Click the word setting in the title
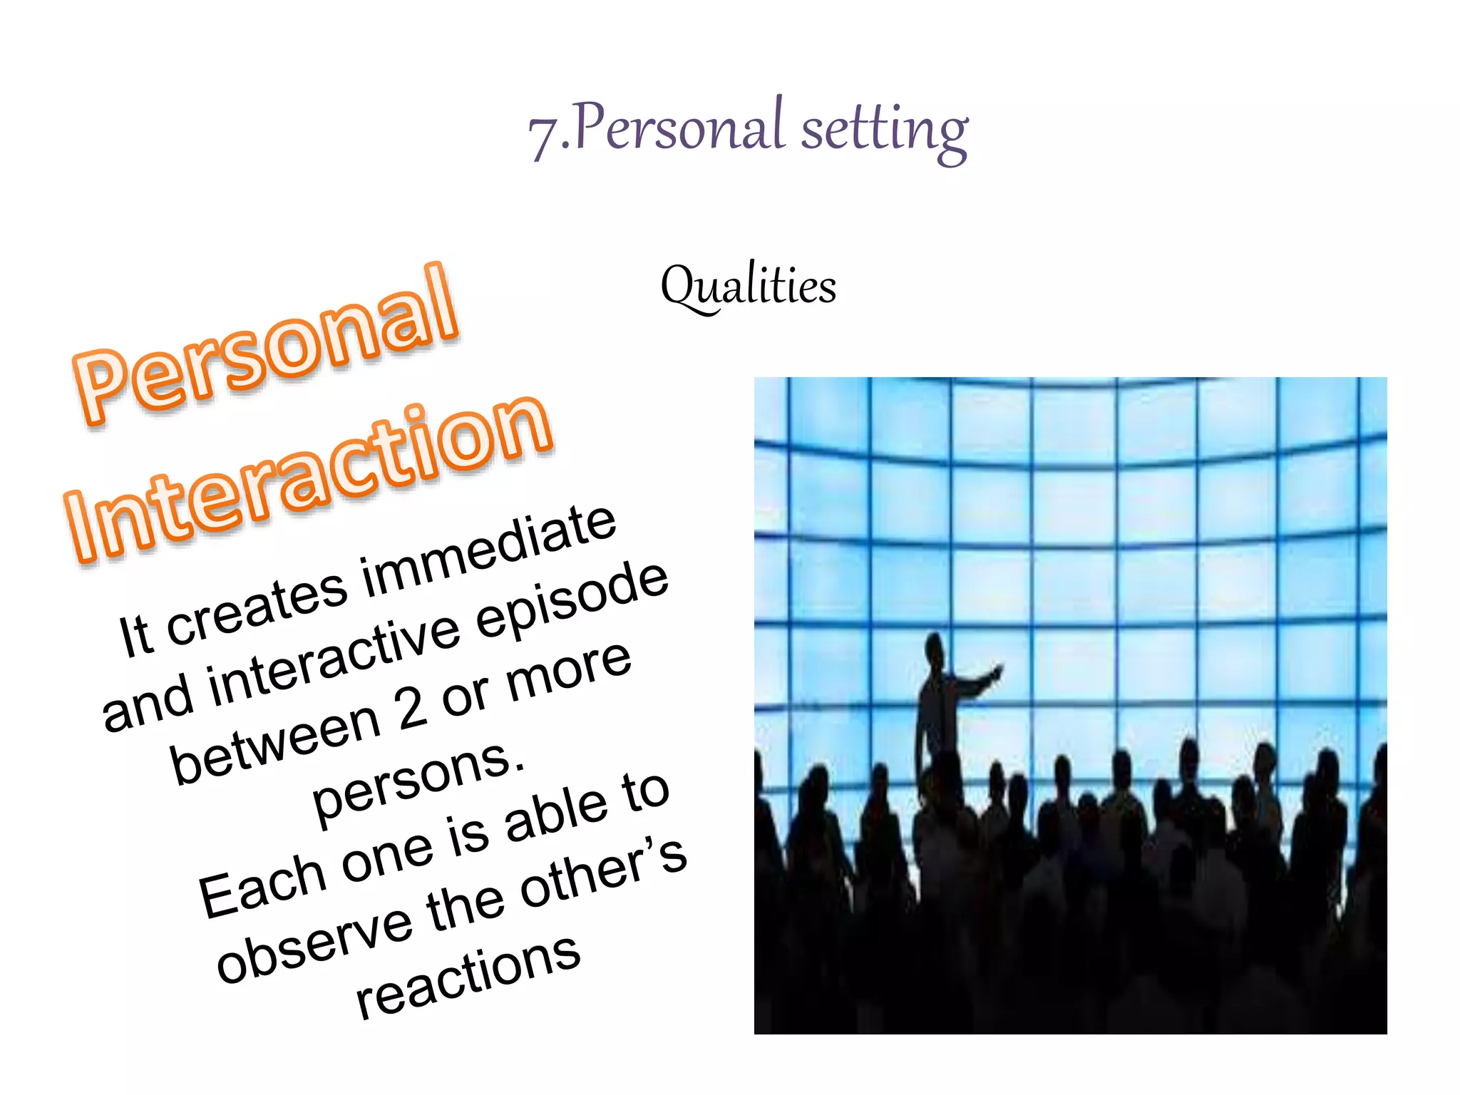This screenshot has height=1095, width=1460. (884, 130)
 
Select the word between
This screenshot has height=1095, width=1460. (275, 745)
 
